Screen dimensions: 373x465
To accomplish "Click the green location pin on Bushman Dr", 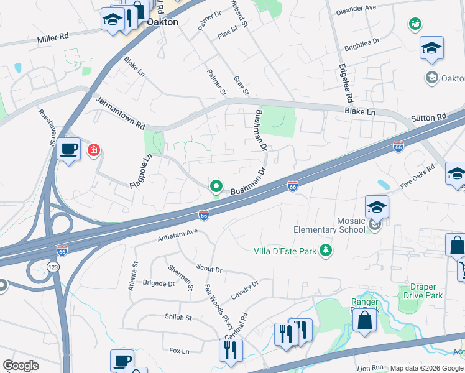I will (x=216, y=186).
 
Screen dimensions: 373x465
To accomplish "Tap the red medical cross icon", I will (x=94, y=150).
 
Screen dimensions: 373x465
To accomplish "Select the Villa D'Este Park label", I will (x=285, y=251).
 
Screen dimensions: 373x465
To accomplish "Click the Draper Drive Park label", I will (x=422, y=291).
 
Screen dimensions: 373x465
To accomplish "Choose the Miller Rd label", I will (x=53, y=38).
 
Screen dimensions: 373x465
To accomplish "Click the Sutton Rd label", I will (x=429, y=117).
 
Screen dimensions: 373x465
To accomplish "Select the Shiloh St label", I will (x=178, y=317).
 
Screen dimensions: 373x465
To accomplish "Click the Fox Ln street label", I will (x=179, y=351).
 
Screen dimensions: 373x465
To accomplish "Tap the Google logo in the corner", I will (x=21, y=366).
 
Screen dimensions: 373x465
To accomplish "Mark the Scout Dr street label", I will (x=208, y=269).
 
